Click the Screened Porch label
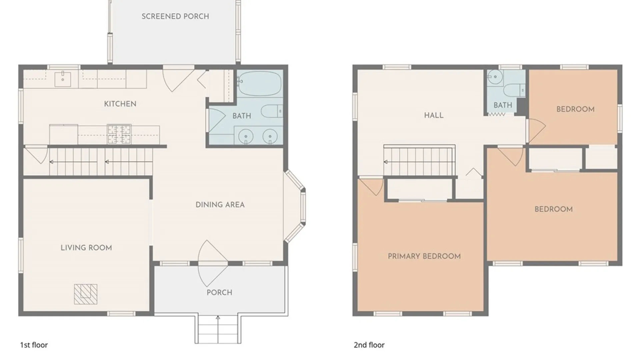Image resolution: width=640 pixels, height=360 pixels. point(175,16)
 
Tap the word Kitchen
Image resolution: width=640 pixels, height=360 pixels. point(120,104)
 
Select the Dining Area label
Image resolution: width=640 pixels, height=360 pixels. point(220,205)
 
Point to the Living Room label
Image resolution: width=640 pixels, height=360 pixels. point(86,248)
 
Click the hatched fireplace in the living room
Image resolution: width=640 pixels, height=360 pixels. point(86,294)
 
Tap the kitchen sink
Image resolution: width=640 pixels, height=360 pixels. point(63,79)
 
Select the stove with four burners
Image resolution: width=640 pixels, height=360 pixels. point(119,134)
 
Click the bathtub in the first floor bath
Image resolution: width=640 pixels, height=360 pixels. point(260,83)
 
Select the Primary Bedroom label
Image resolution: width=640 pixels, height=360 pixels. point(424,256)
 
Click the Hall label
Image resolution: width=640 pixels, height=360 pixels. point(434,115)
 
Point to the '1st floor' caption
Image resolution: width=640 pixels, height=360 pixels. point(34,345)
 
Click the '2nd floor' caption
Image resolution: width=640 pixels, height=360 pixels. point(369,345)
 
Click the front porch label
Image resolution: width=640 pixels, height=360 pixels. point(219,292)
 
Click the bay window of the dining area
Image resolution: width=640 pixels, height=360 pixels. point(295,206)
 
